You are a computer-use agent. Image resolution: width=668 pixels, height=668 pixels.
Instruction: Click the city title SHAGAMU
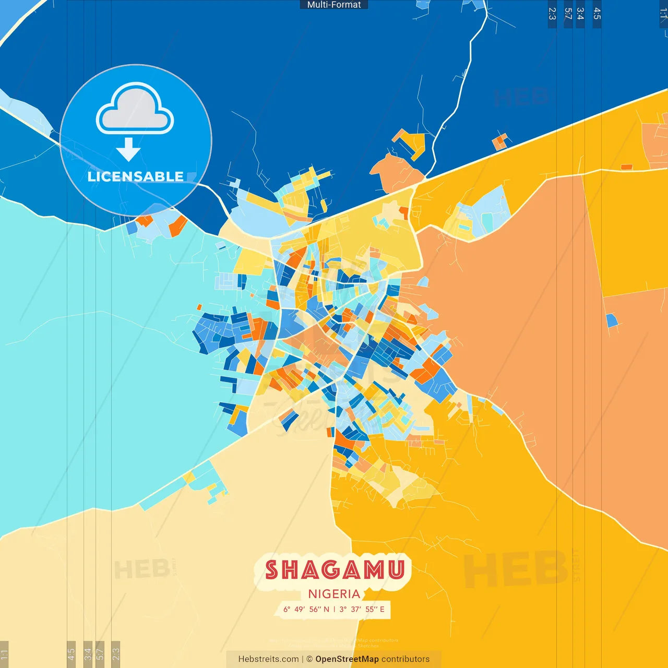coord(335,570)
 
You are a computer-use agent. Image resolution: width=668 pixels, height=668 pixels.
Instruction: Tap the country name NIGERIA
coord(334,594)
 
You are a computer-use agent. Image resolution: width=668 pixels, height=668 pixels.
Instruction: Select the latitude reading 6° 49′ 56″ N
coord(306,609)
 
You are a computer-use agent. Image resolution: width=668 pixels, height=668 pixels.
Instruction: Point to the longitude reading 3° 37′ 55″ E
coord(362,609)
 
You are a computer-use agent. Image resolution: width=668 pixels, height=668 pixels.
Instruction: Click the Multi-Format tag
coord(334,5)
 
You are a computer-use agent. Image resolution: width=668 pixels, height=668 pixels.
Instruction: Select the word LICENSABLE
coord(135,176)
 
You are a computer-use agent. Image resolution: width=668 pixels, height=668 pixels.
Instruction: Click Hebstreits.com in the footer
coord(268,659)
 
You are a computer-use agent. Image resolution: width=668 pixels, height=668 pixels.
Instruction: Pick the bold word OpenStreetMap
coord(347,659)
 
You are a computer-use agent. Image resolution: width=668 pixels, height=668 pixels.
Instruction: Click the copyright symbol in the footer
coord(309,659)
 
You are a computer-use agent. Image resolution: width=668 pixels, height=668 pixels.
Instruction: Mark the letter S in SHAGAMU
coord(271,570)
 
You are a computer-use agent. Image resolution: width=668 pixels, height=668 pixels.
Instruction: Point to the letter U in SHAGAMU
coord(397,570)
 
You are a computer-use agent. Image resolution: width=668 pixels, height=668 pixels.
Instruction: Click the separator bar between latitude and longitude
coord(334,609)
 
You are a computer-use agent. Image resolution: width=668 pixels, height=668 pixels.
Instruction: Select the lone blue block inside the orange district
coord(611,320)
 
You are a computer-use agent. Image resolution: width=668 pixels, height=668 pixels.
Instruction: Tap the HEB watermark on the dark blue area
coord(521,98)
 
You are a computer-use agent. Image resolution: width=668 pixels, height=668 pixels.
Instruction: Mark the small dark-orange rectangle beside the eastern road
coord(626,167)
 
